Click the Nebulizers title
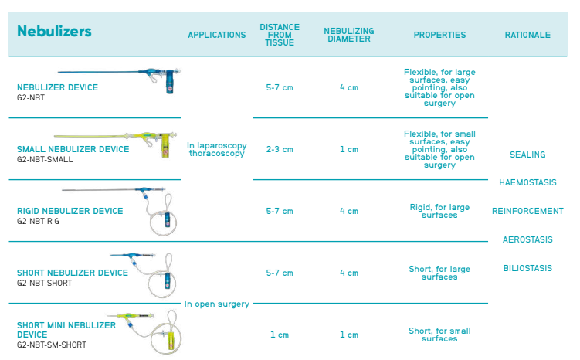click(x=54, y=32)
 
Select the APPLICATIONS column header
click(x=217, y=35)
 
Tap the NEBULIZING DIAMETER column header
click(x=349, y=35)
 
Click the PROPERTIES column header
click(x=439, y=35)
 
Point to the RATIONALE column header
click(x=527, y=35)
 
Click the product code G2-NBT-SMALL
click(x=45, y=159)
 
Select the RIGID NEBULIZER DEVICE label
click(x=70, y=211)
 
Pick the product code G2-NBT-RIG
click(x=38, y=221)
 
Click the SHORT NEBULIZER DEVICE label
click(x=73, y=273)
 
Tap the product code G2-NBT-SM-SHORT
click(x=52, y=345)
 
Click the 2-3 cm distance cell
click(x=280, y=149)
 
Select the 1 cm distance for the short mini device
click(x=280, y=335)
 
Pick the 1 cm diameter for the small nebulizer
click(x=349, y=149)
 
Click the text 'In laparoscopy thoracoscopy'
click(x=216, y=149)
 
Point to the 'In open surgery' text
click(x=216, y=304)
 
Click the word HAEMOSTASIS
click(x=527, y=183)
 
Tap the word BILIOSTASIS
click(x=527, y=269)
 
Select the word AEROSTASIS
click(x=527, y=239)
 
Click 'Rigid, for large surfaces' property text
click(x=439, y=211)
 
